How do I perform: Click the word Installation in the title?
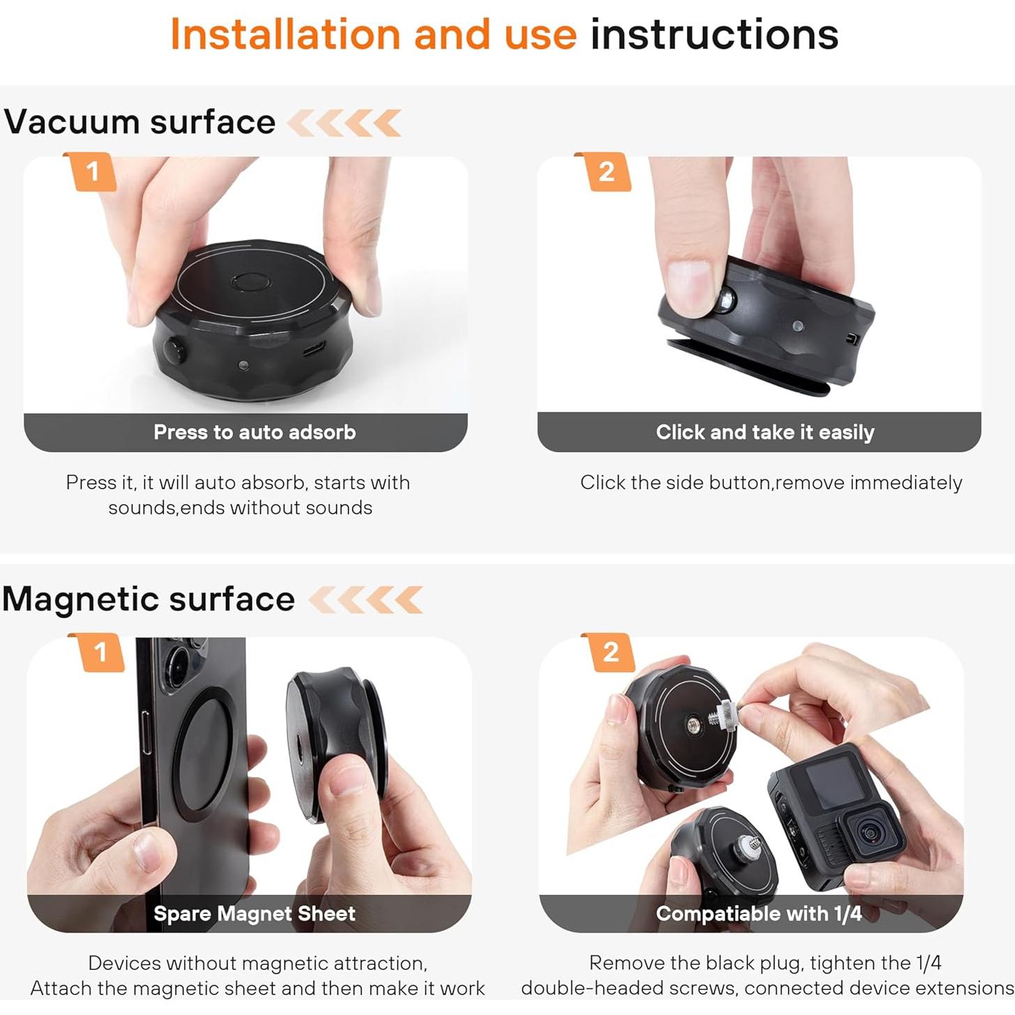tap(285, 34)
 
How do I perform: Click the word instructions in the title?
tap(714, 34)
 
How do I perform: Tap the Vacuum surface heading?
tap(140, 122)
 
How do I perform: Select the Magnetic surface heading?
tap(149, 599)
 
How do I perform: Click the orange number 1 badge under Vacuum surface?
tap(91, 172)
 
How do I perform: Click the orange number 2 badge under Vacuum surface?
tap(606, 172)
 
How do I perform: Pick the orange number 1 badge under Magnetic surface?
tap(100, 652)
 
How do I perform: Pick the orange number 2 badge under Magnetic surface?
tap(610, 652)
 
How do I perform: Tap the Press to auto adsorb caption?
tap(254, 433)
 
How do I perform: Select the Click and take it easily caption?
tap(765, 433)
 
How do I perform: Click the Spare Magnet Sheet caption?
tap(254, 914)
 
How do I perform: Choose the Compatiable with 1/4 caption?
tap(758, 914)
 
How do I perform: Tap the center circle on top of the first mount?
tap(250, 283)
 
